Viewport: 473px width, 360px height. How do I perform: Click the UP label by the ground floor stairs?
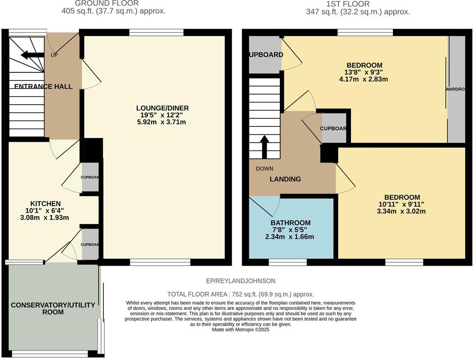pyautogui.click(x=54, y=55)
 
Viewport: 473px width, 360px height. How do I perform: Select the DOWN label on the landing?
pyautogui.click(x=264, y=168)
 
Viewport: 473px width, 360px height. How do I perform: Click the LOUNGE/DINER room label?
pyautogui.click(x=162, y=108)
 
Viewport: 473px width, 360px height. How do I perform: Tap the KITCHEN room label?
pyautogui.click(x=45, y=203)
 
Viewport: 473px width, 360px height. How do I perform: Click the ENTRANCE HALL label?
pyautogui.click(x=43, y=87)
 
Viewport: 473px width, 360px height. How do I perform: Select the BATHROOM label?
pyautogui.click(x=290, y=223)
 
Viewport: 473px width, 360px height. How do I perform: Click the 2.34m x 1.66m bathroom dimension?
pyautogui.click(x=290, y=237)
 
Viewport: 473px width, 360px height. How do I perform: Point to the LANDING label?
pyautogui.click(x=285, y=179)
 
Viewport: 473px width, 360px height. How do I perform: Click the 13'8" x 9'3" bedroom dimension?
pyautogui.click(x=364, y=72)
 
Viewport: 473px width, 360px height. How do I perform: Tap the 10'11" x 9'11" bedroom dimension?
pyautogui.click(x=401, y=204)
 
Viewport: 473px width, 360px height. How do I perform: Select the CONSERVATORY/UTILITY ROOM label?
pyautogui.click(x=53, y=309)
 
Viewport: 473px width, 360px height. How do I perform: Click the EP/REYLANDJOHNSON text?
pyautogui.click(x=240, y=281)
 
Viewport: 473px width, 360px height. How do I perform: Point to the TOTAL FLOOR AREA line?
pyautogui.click(x=240, y=294)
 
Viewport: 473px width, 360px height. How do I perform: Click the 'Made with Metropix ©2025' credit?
pyautogui.click(x=240, y=330)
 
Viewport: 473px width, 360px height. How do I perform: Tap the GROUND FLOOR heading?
pyautogui.click(x=107, y=3)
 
